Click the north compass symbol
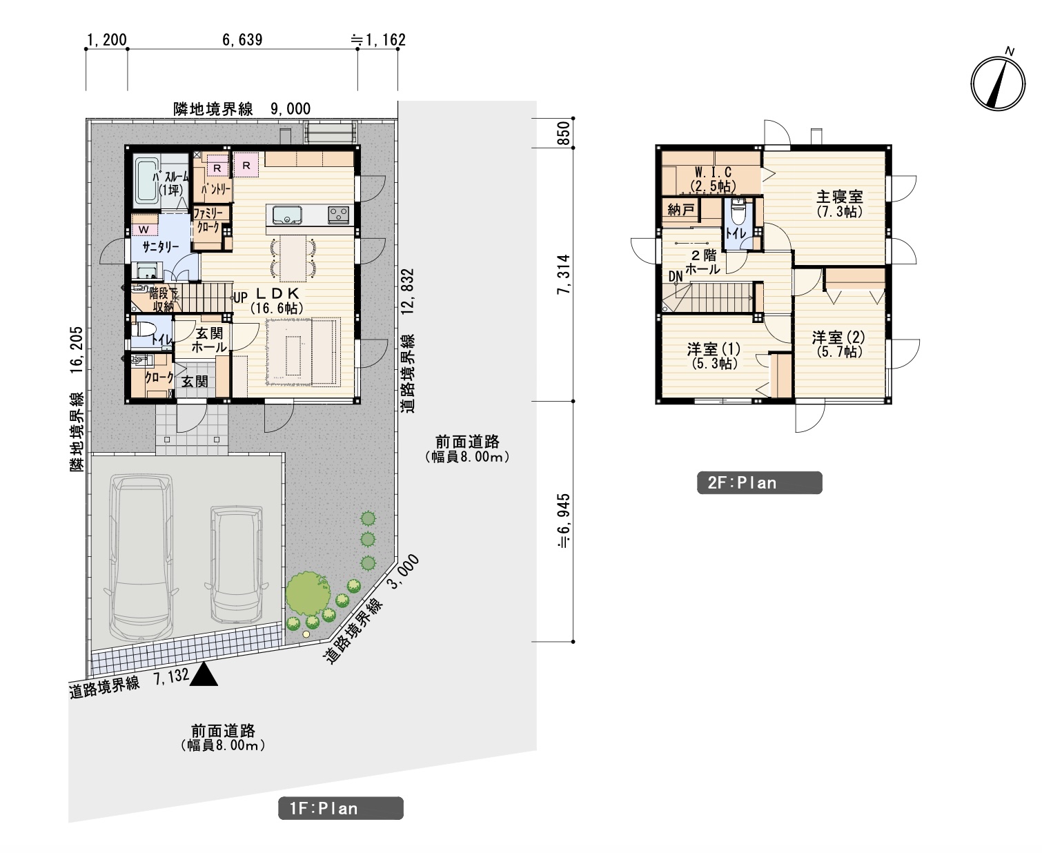point(998,83)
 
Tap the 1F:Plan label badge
point(340,808)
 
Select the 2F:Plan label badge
point(759,482)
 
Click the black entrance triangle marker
point(204,674)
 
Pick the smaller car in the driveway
point(237,564)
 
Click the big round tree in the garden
point(308,593)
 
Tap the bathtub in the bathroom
point(147,182)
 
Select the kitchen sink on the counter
point(286,215)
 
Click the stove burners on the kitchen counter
point(338,215)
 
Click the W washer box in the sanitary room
point(144,229)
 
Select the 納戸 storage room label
point(681,210)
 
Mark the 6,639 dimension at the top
point(242,39)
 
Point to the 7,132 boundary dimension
point(171,676)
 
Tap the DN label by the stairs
point(676,276)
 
